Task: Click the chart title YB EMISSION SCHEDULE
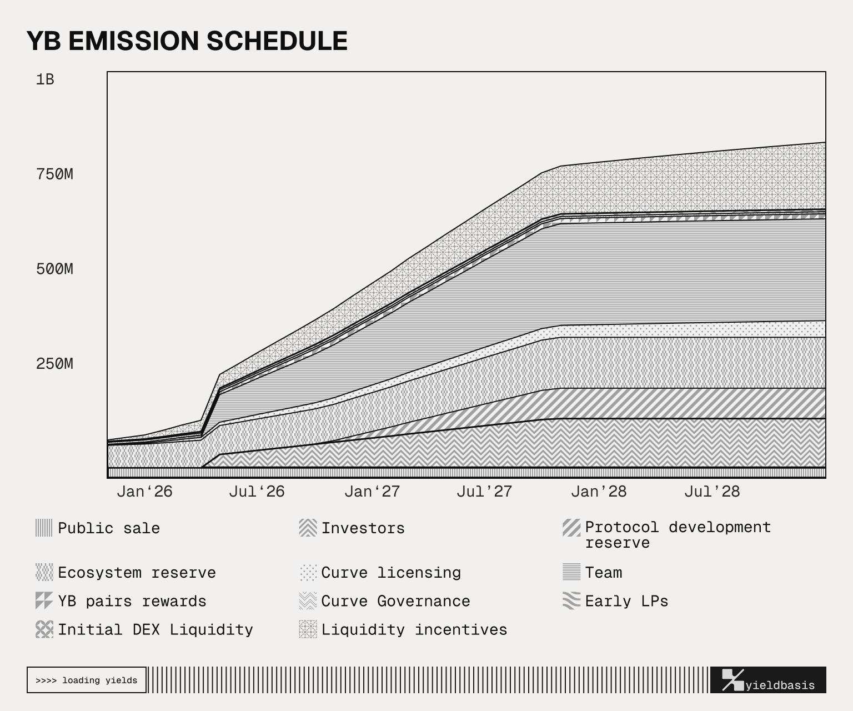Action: [187, 41]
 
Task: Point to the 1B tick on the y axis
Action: [45, 79]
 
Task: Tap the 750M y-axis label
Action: [54, 174]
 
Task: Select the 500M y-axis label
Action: [54, 269]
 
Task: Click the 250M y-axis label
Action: [54, 364]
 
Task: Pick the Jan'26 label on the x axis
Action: [144, 492]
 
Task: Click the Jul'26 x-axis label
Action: [257, 492]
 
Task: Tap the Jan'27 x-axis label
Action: [372, 492]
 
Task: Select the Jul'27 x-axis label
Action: [484, 492]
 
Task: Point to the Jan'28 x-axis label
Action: [599, 492]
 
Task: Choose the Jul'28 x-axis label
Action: [712, 492]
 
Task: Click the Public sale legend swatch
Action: [44, 528]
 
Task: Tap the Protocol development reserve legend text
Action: [678, 535]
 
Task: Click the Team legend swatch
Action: [571, 572]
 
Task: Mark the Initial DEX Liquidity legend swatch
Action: [44, 629]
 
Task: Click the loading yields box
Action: [87, 680]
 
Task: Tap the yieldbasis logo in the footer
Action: [768, 680]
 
